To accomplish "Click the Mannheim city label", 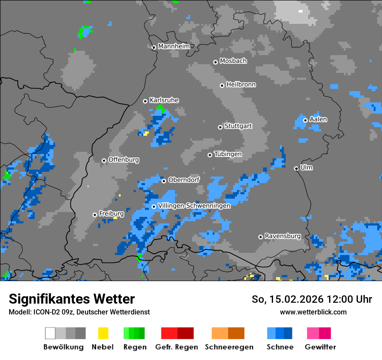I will click(x=174, y=46).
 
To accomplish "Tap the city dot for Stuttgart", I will click(x=220, y=127).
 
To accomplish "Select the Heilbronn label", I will click(x=241, y=85).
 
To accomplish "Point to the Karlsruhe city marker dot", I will click(x=145, y=101).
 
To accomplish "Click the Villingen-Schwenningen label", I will click(x=194, y=206).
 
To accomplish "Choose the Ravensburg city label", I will click(x=283, y=236).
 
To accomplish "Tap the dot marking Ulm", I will click(x=296, y=168).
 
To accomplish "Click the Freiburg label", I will click(x=111, y=213).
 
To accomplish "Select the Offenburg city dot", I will click(x=104, y=160).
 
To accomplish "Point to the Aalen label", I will click(x=318, y=119).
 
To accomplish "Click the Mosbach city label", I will click(x=233, y=61).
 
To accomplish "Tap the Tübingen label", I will click(x=228, y=154).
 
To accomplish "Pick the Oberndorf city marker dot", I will click(x=164, y=181).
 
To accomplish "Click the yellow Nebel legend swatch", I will click(x=103, y=333).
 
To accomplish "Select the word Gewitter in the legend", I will click(x=320, y=347).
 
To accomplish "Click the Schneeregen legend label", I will click(x=229, y=347).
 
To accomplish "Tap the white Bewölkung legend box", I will click(x=50, y=333).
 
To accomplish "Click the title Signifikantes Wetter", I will click(x=72, y=299).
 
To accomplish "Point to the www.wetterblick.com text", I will click(x=313, y=312).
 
